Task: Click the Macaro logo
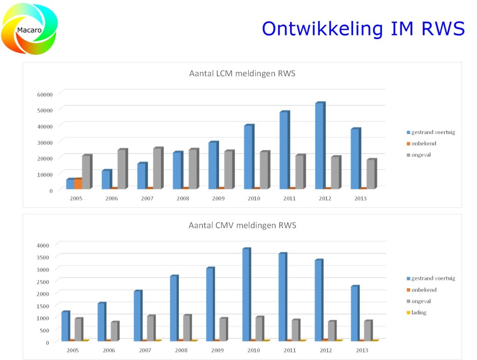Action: click(30, 29)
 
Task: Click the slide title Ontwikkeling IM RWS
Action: click(363, 28)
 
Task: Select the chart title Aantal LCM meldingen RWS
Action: click(242, 73)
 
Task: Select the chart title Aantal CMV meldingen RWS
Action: click(242, 225)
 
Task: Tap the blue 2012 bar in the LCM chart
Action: click(319, 146)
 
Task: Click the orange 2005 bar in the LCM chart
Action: click(78, 183)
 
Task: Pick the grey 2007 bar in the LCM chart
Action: click(157, 168)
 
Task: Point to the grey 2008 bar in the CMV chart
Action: click(186, 328)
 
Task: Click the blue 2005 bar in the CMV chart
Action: click(65, 326)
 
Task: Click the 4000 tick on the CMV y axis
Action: click(49, 245)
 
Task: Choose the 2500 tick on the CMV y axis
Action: click(49, 281)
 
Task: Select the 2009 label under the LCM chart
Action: click(218, 198)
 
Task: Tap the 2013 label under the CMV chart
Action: click(362, 350)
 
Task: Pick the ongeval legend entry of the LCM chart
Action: click(421, 155)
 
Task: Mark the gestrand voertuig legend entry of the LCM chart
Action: click(433, 132)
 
